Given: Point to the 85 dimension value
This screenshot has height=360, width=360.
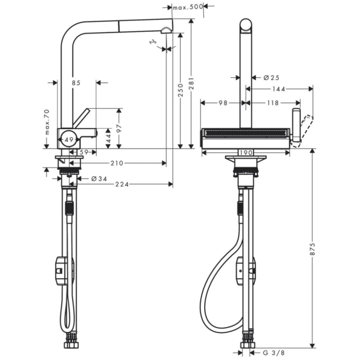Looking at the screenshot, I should tap(75, 83).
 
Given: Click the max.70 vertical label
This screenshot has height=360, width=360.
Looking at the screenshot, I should tap(47, 121).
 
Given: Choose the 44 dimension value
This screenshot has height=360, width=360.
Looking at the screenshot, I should tap(108, 138).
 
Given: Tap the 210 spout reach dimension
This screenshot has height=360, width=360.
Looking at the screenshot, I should tap(117, 163).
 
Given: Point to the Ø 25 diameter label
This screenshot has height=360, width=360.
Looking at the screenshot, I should tap(271, 77).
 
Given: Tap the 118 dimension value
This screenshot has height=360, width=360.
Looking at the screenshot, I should tap(273, 103).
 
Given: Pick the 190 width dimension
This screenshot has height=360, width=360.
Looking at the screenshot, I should tap(245, 153).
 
